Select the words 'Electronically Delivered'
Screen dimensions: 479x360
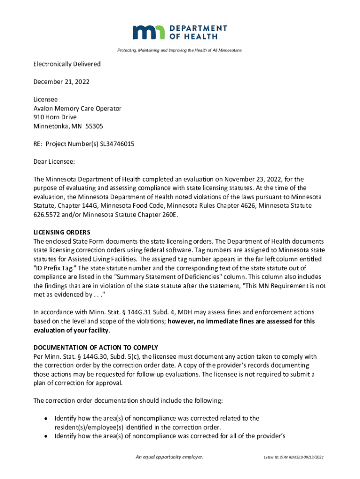(67, 64)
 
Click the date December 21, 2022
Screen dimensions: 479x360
(61, 82)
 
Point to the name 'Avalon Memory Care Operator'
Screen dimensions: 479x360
(77, 109)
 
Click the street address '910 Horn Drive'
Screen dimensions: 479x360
(55, 117)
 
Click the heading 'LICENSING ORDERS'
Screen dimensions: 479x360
(62, 232)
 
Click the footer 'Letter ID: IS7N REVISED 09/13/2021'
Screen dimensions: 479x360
(294, 457)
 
